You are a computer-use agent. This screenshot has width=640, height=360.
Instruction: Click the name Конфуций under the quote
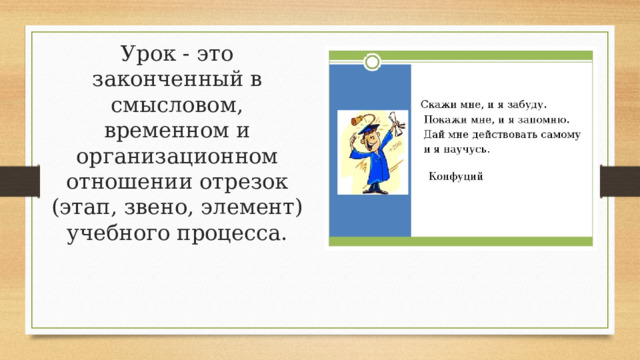(x=456, y=176)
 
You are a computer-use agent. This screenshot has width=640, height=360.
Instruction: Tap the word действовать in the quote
(x=504, y=134)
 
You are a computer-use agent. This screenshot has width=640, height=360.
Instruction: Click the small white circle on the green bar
(x=371, y=62)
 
